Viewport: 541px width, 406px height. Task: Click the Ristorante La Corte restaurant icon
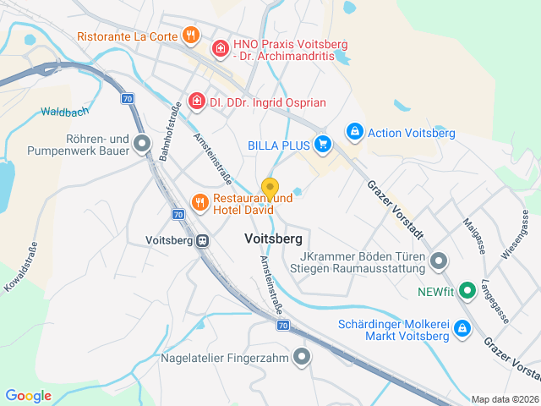tap(192, 36)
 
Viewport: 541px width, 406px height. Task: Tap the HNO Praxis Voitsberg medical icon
tap(221, 49)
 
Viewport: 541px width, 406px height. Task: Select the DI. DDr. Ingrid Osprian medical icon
tap(197, 102)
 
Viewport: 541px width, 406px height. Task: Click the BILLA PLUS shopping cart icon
tap(322, 145)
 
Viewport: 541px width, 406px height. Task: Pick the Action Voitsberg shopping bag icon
tap(354, 132)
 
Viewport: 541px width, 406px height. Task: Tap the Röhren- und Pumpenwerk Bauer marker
tap(142, 145)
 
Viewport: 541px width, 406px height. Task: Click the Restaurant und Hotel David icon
tap(199, 202)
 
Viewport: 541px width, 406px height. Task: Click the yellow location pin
tap(270, 189)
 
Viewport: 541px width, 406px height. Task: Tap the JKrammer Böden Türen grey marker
tap(438, 261)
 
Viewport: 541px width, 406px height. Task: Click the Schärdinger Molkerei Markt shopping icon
tap(462, 328)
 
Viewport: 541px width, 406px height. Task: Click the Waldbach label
tap(64, 112)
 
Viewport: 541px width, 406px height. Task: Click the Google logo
tap(28, 396)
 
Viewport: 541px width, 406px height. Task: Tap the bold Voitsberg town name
tap(273, 239)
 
